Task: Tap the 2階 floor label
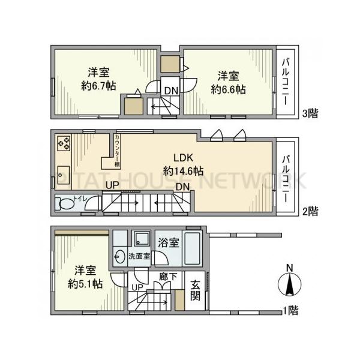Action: click(309, 211)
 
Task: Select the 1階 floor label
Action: click(290, 310)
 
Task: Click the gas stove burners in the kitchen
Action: click(64, 143)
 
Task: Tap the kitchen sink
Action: click(64, 170)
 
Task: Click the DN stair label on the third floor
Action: click(171, 91)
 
